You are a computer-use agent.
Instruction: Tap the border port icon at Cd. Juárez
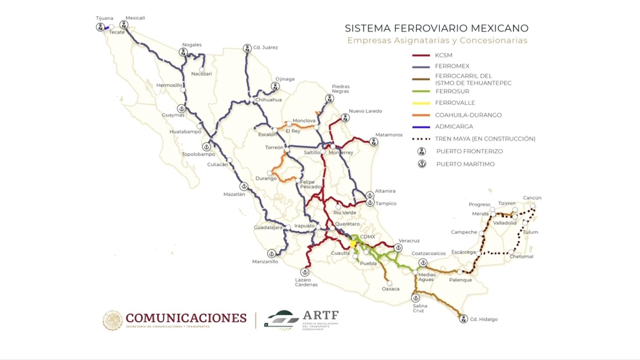pos(247,48)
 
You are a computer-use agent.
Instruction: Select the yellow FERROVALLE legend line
pos(421,103)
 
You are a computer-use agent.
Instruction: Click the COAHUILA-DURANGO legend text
pos(468,115)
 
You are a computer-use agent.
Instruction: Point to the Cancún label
pos(532,198)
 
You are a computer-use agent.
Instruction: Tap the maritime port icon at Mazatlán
pos(244,186)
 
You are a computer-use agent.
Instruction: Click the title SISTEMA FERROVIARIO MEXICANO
pos(437,28)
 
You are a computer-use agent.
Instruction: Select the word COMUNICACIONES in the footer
pos(186,318)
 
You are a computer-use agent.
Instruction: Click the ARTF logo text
pos(320,315)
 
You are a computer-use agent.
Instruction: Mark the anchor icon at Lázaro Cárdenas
pos(305,272)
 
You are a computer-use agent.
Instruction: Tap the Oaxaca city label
pos(390,289)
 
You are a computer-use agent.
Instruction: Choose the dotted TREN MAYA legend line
pos(421,139)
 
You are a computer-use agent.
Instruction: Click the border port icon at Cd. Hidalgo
pos(463,319)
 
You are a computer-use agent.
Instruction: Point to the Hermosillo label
pos(169,85)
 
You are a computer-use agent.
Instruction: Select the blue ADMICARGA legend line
pos(421,127)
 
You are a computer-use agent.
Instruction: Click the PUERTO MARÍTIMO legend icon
pos(422,164)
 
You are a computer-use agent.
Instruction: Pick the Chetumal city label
pos(522,256)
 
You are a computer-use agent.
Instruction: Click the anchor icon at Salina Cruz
pos(415,298)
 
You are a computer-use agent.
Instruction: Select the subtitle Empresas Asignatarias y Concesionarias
pos(437,40)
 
